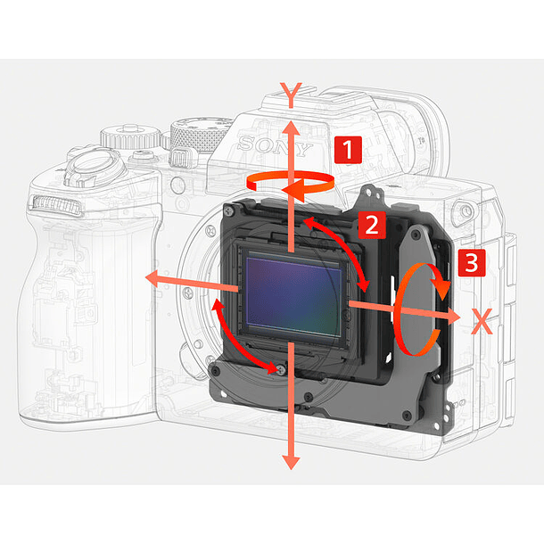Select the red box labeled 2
tap(371, 224)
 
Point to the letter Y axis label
tap(289, 92)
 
